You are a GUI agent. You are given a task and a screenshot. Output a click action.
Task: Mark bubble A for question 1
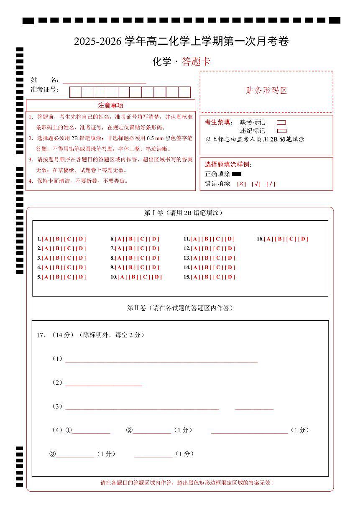[46, 239]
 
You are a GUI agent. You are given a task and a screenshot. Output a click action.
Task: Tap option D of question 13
[230, 258]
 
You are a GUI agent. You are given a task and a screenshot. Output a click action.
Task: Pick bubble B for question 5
[58, 277]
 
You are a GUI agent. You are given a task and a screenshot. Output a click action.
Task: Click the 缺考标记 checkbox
[281, 123]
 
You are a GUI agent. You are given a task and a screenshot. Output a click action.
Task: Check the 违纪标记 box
[281, 131]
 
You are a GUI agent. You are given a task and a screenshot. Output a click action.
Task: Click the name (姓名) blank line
[104, 80]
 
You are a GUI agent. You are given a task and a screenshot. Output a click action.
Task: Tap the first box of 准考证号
[76, 92]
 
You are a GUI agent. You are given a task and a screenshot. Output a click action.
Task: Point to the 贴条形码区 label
[266, 91]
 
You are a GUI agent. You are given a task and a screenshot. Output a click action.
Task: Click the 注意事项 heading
[110, 105]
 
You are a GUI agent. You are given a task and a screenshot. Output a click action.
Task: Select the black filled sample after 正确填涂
[237, 174]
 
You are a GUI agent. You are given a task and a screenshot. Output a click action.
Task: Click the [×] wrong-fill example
[241, 184]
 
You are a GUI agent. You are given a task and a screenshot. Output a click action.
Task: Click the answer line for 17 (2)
[103, 383]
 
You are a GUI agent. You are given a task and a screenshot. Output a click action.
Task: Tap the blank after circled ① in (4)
[91, 430]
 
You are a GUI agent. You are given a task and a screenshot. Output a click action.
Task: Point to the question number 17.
[41, 335]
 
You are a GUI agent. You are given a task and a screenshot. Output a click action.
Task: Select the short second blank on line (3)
[254, 406]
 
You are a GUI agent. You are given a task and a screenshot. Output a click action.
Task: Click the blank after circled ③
[75, 454]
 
